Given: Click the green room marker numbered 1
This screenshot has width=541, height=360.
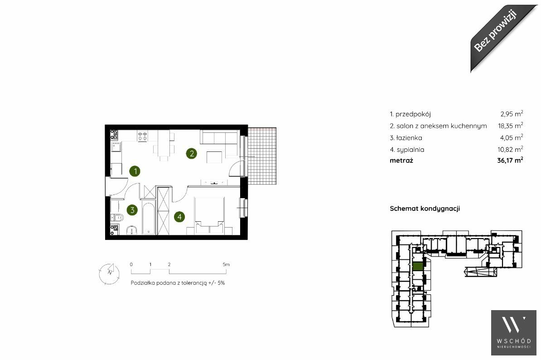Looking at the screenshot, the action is [x=135, y=171].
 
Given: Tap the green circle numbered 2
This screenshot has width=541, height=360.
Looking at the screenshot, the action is [x=192, y=153].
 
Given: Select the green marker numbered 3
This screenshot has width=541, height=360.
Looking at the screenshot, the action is [x=132, y=209].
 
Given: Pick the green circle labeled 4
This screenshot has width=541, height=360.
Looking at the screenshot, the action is [x=179, y=217].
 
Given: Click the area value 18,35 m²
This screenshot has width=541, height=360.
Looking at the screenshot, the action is [x=510, y=125].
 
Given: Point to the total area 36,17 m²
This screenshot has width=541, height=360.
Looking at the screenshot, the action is [x=510, y=160].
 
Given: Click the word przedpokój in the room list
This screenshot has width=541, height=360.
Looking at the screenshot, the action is [x=413, y=114].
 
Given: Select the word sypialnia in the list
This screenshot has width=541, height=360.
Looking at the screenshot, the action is [x=411, y=150].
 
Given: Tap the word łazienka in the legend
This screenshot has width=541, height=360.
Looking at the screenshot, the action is [x=409, y=138].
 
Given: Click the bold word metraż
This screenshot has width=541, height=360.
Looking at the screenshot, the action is [x=401, y=160].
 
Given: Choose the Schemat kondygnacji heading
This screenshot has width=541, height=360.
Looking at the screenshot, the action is [x=425, y=209].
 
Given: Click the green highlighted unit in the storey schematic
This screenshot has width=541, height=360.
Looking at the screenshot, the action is [x=418, y=266].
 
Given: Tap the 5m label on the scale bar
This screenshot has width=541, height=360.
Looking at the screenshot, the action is [x=226, y=264].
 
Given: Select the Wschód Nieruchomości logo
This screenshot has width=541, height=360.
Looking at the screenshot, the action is [x=514, y=332].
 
